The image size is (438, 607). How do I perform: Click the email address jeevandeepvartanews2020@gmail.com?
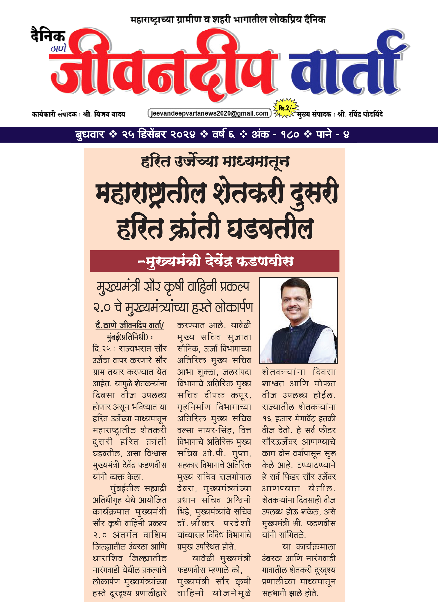tap(209, 113)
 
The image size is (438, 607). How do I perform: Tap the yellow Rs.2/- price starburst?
tap(285, 108)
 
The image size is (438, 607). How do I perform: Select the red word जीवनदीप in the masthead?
tap(163, 66)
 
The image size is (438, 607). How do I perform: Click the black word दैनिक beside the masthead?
tap(48, 35)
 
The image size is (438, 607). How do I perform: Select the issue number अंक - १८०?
tap(275, 134)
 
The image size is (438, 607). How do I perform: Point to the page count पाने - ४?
tap(332, 134)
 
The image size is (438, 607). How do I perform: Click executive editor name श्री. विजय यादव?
tap(104, 114)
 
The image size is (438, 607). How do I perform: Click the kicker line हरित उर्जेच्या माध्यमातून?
tap(215, 162)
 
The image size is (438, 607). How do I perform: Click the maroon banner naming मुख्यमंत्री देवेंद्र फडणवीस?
tap(215, 261)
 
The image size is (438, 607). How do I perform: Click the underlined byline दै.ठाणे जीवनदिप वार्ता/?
tap(129, 325)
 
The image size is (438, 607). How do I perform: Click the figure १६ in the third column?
tap(267, 418)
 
